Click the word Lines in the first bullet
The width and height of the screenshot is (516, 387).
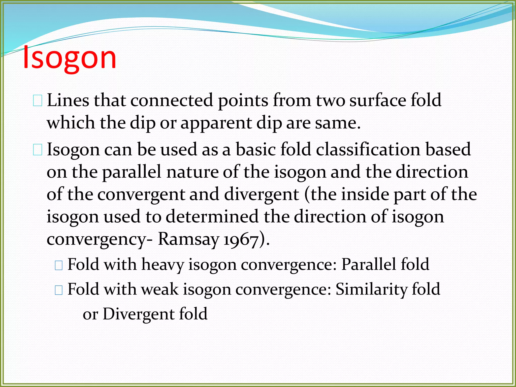tap(68, 100)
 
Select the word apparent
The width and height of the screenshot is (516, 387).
tap(216, 123)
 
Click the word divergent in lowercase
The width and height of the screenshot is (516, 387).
tap(261, 194)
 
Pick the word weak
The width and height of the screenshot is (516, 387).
tap(160, 289)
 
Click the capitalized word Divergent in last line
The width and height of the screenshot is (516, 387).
tap(138, 314)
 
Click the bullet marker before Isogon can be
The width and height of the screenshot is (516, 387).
tap(38, 150)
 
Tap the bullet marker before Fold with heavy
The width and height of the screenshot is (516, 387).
tap(58, 265)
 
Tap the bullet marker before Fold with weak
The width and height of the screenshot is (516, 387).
tap(58, 290)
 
